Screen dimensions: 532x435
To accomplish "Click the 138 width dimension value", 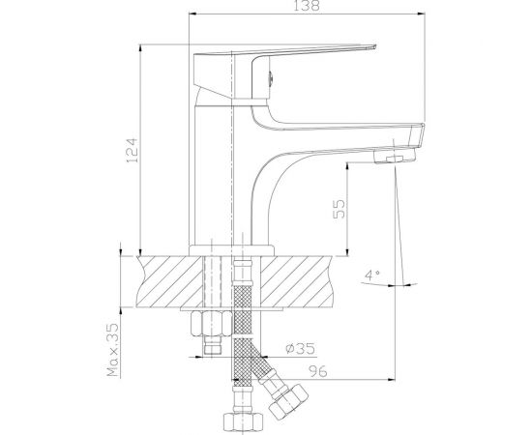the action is tap(307, 6).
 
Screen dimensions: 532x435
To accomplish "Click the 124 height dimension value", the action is tap(132, 150).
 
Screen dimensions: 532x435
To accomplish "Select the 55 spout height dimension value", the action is tap(339, 209).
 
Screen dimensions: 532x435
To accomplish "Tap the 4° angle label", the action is tap(372, 274).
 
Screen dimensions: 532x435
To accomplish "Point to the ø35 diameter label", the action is tap(300, 349).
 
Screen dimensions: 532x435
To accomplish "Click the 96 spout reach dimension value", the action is tap(318, 371).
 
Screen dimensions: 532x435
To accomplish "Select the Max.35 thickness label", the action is tap(113, 350).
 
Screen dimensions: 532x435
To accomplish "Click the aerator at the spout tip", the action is tap(395, 157).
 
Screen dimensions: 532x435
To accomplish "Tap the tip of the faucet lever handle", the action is tap(374, 46).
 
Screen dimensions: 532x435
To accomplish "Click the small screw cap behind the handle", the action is tap(271, 78).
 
